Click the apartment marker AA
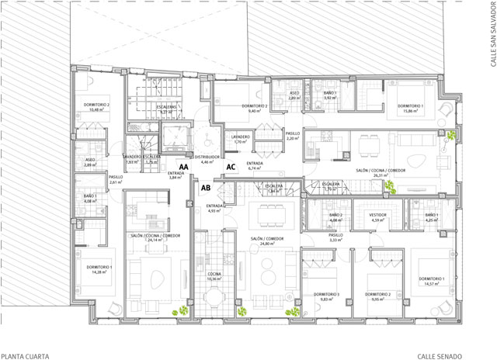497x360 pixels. (x=184, y=167)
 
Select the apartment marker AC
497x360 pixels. (x=231, y=167)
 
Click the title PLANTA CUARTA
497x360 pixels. (x=26, y=356)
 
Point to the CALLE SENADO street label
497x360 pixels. (x=459, y=356)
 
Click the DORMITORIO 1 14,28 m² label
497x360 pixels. (x=100, y=269)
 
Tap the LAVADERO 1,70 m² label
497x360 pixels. (x=241, y=139)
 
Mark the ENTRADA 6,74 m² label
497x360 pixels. (x=255, y=165)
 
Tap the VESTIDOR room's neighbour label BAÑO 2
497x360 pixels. (x=336, y=218)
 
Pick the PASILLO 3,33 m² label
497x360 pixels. (x=335, y=237)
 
